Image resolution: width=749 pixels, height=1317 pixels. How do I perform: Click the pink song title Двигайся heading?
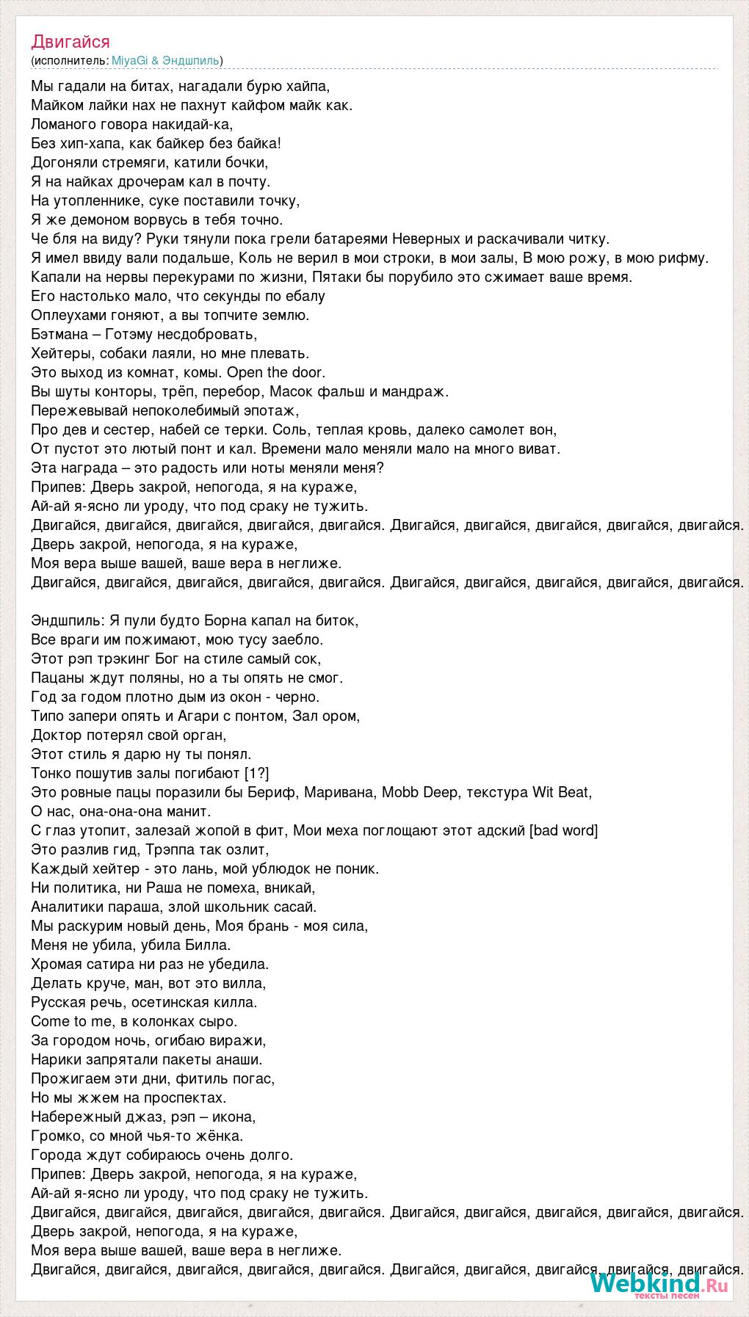[x=70, y=42]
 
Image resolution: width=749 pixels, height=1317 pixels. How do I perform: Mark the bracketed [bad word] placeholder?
[x=563, y=830]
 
